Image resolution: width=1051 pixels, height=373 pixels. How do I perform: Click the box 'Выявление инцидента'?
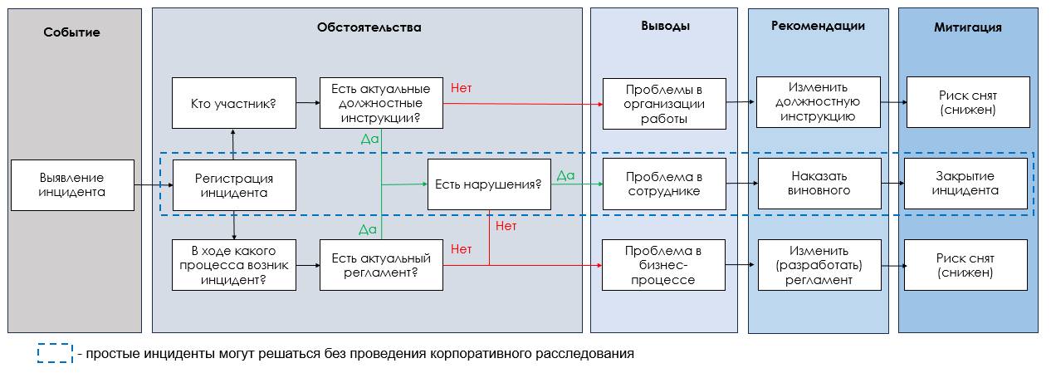[x=72, y=184]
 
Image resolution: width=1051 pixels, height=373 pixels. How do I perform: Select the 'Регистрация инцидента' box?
[x=234, y=185]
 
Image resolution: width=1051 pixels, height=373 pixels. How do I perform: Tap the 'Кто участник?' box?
[x=234, y=103]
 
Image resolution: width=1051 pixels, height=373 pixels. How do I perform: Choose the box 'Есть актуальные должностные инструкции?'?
[x=381, y=103]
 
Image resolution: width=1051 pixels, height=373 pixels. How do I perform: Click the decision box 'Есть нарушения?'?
[x=489, y=184]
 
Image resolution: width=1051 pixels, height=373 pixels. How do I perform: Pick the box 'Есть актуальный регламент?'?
[x=381, y=265]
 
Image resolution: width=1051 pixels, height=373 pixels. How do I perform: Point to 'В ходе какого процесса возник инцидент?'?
[x=234, y=265]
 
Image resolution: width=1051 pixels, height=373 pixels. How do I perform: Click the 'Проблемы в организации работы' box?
[x=664, y=104]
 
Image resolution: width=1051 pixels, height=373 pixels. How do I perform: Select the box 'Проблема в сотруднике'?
[x=664, y=184]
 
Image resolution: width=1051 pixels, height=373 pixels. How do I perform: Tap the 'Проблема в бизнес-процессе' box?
[x=664, y=265]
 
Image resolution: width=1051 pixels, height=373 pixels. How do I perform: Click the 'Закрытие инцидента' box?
[x=965, y=184]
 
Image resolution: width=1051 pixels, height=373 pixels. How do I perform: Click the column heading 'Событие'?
[x=72, y=32]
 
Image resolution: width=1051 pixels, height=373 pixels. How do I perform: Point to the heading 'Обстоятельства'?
[x=369, y=27]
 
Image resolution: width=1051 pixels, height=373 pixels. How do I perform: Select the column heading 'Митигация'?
[x=968, y=27]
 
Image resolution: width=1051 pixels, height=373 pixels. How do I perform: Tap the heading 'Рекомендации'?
[x=818, y=26]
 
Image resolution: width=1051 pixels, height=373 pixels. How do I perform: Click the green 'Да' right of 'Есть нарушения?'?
[x=565, y=175]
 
